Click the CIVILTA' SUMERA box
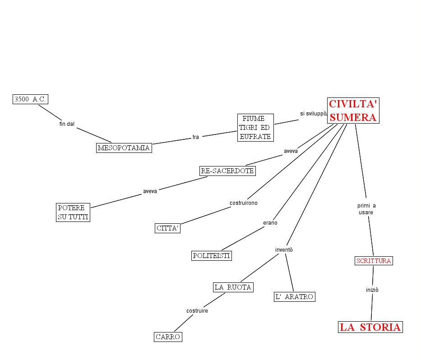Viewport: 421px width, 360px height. (x=352, y=111)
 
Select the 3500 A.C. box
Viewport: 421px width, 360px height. (x=30, y=99)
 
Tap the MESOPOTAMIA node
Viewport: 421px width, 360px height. (x=124, y=148)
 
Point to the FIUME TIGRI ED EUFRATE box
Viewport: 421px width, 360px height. (x=255, y=128)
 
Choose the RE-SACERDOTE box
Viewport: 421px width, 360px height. (x=227, y=171)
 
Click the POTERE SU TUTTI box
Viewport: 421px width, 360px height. (x=73, y=212)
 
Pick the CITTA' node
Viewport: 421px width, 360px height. (x=168, y=228)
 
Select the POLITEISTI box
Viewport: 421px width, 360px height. (x=212, y=256)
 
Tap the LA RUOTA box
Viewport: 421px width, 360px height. (x=233, y=287)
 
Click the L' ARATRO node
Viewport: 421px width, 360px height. (x=295, y=296)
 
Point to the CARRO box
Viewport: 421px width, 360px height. (x=168, y=337)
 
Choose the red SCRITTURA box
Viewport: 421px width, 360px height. (x=373, y=261)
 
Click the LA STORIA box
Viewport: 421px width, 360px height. (x=370, y=327)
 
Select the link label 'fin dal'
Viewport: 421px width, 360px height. (x=67, y=124)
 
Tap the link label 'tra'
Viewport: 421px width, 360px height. (x=195, y=137)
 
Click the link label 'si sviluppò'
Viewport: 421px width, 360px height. (x=313, y=113)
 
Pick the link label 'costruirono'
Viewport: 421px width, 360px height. (x=244, y=203)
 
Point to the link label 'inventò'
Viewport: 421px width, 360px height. (x=284, y=249)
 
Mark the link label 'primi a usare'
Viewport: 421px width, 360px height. (x=366, y=209)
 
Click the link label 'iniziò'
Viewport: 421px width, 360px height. (x=372, y=290)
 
